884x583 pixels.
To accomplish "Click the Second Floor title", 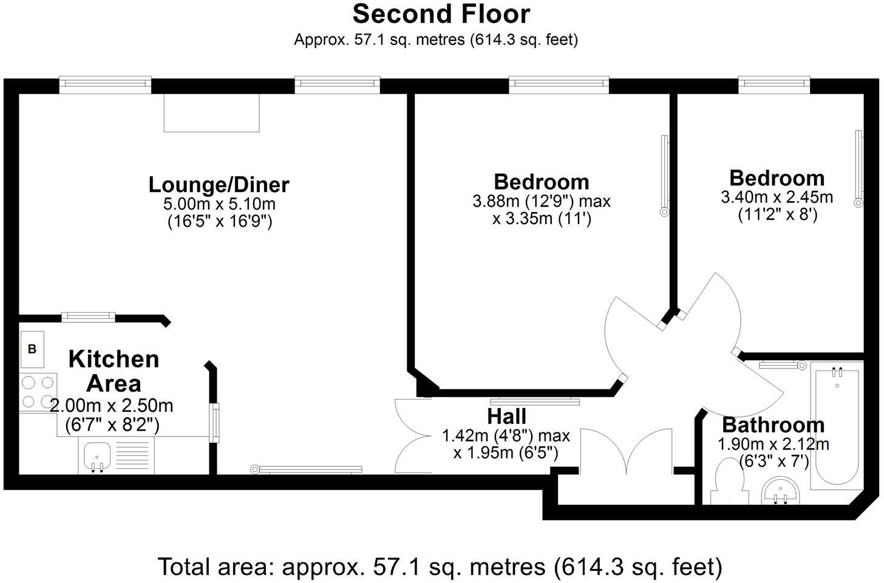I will [x=441, y=13].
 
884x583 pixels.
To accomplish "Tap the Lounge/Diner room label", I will [x=219, y=184].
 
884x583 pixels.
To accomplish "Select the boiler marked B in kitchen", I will [x=32, y=349].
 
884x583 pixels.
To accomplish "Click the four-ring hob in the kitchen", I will [x=38, y=392].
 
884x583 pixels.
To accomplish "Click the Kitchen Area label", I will [x=114, y=371].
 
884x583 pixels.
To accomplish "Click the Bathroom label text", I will [x=773, y=424].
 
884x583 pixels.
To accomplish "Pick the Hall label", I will [x=506, y=417].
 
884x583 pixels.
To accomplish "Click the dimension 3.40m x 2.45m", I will [x=777, y=197].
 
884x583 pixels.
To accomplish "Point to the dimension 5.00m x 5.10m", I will [x=219, y=204].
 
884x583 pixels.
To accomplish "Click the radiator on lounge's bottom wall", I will [x=307, y=469].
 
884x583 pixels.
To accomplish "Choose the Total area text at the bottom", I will [x=440, y=567].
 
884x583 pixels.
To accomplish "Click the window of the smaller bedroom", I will [x=773, y=84].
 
